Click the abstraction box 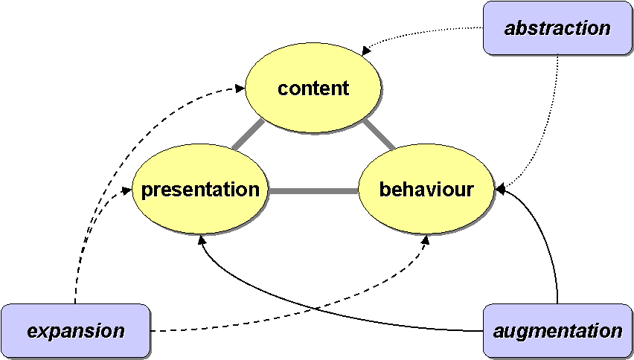pyautogui.click(x=557, y=28)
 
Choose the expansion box pyautogui.click(x=75, y=330)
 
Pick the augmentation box pyautogui.click(x=557, y=330)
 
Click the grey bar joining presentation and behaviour pyautogui.click(x=313, y=190)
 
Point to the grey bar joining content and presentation pyautogui.click(x=247, y=135)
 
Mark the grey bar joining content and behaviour pyautogui.click(x=380, y=135)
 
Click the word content pyautogui.click(x=313, y=89)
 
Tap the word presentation pyautogui.click(x=199, y=190)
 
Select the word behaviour pyautogui.click(x=426, y=190)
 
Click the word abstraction pyautogui.click(x=557, y=29)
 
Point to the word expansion pyautogui.click(x=75, y=331)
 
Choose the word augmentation pyautogui.click(x=557, y=331)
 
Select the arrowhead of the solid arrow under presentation pyautogui.click(x=201, y=240)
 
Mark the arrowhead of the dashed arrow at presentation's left pyautogui.click(x=127, y=190)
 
